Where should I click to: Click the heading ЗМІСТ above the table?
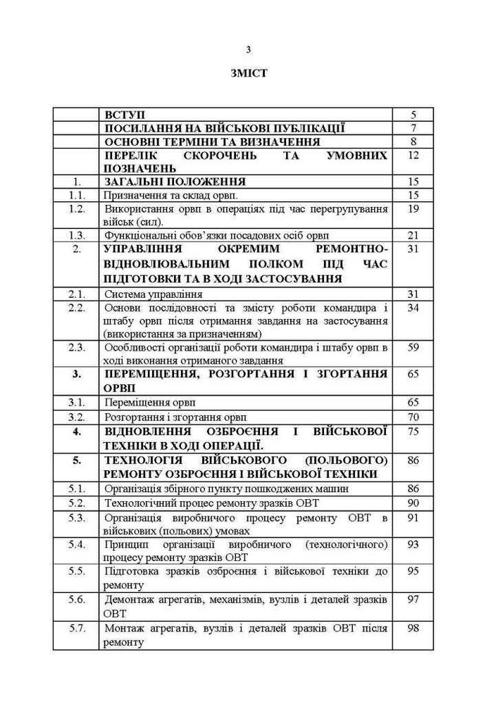248,73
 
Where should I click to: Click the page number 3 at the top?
248,49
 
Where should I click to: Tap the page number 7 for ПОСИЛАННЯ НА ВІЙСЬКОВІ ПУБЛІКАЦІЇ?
413,128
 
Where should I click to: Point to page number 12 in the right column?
413,155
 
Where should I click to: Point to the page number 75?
413,430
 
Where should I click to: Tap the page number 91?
413,517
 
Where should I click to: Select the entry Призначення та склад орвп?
171,195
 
